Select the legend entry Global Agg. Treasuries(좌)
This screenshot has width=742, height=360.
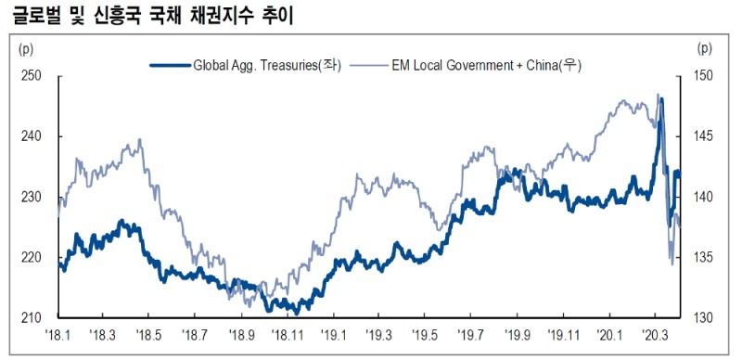coord(267,65)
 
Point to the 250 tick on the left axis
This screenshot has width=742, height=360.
coord(31,76)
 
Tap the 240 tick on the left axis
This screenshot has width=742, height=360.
coord(31,136)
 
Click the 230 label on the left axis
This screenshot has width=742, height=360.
coord(31,197)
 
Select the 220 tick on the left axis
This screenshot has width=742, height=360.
coord(31,258)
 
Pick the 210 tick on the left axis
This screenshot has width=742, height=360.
coord(31,318)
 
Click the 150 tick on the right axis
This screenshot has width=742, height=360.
coord(704,76)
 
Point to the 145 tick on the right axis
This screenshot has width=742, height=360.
coord(704,136)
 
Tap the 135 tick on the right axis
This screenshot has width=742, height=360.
coord(704,258)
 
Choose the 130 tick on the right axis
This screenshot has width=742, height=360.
coord(704,318)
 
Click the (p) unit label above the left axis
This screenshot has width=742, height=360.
coord(26,47)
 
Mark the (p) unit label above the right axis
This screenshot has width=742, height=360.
coord(705,47)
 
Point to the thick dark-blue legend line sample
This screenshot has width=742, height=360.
coord(170,65)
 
